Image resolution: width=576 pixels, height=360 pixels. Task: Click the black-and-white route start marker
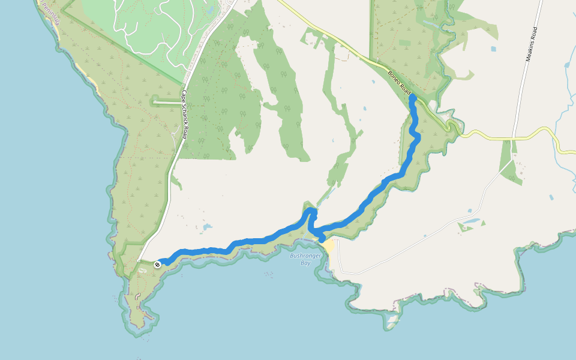point(157,264)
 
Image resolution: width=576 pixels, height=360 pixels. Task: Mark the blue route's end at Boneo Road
point(412,97)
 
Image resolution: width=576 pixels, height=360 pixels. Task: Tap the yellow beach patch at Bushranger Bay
point(328,246)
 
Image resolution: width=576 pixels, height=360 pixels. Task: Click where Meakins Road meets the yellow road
point(514,139)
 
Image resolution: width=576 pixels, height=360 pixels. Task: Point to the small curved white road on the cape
point(138,296)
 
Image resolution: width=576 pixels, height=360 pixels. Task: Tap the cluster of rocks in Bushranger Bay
point(268,274)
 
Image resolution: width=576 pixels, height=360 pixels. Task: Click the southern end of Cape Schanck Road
point(139,261)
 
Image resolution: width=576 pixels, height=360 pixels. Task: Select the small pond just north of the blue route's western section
point(207,227)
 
